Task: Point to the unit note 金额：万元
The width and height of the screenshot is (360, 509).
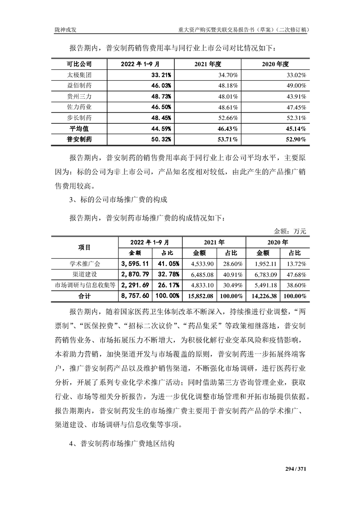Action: pos(290,231)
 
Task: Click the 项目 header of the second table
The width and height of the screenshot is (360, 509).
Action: pos(84,247)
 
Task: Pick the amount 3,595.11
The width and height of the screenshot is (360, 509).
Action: pos(135,264)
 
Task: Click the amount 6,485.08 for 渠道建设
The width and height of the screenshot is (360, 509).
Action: pos(202,274)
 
